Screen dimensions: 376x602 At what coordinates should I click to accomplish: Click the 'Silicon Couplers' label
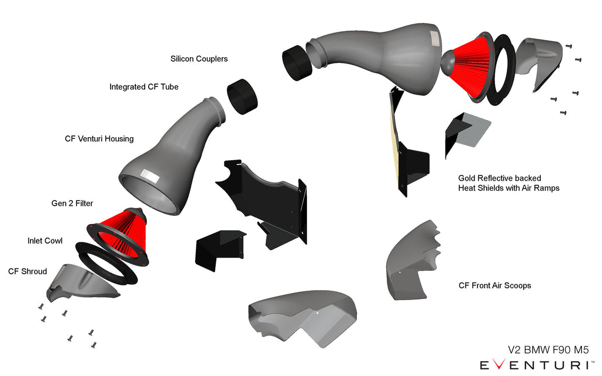[x=199, y=59]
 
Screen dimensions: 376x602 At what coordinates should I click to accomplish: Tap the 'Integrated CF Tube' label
[x=143, y=87]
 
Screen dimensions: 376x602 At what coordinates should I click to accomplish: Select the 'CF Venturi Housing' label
[x=99, y=139]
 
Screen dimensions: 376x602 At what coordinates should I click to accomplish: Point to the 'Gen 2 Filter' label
[x=72, y=204]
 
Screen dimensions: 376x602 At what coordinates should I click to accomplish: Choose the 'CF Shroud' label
[x=28, y=271]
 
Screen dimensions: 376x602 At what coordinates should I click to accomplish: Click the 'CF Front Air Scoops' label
[x=494, y=285]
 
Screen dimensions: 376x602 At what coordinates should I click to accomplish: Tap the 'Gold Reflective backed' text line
[x=499, y=178]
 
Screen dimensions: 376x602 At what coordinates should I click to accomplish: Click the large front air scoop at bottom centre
[x=300, y=318]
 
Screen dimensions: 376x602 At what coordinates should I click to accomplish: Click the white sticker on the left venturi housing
[x=149, y=177]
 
